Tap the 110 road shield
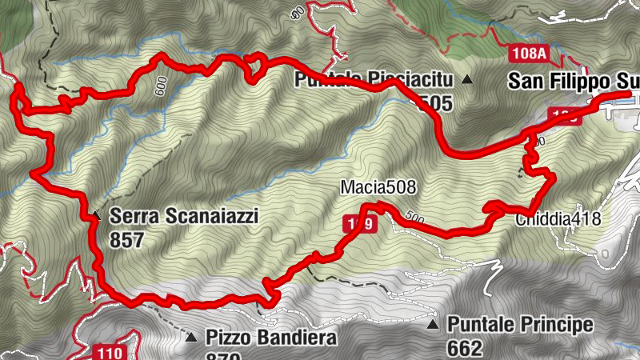pyautogui.click(x=106, y=351)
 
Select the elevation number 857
pyautogui.click(x=126, y=238)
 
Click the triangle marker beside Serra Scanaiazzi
pyautogui.click(x=95, y=215)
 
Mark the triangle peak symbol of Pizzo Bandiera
pyautogui.click(x=191, y=338)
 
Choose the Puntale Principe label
pyautogui.click(x=520, y=324)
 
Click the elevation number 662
pyautogui.click(x=465, y=347)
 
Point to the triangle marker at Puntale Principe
pyautogui.click(x=433, y=325)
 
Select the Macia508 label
pyautogui.click(x=378, y=187)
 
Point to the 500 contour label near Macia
pyautogui.click(x=413, y=216)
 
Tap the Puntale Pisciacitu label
pyautogui.click(x=374, y=79)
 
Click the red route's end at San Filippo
pyautogui.click(x=629, y=94)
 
